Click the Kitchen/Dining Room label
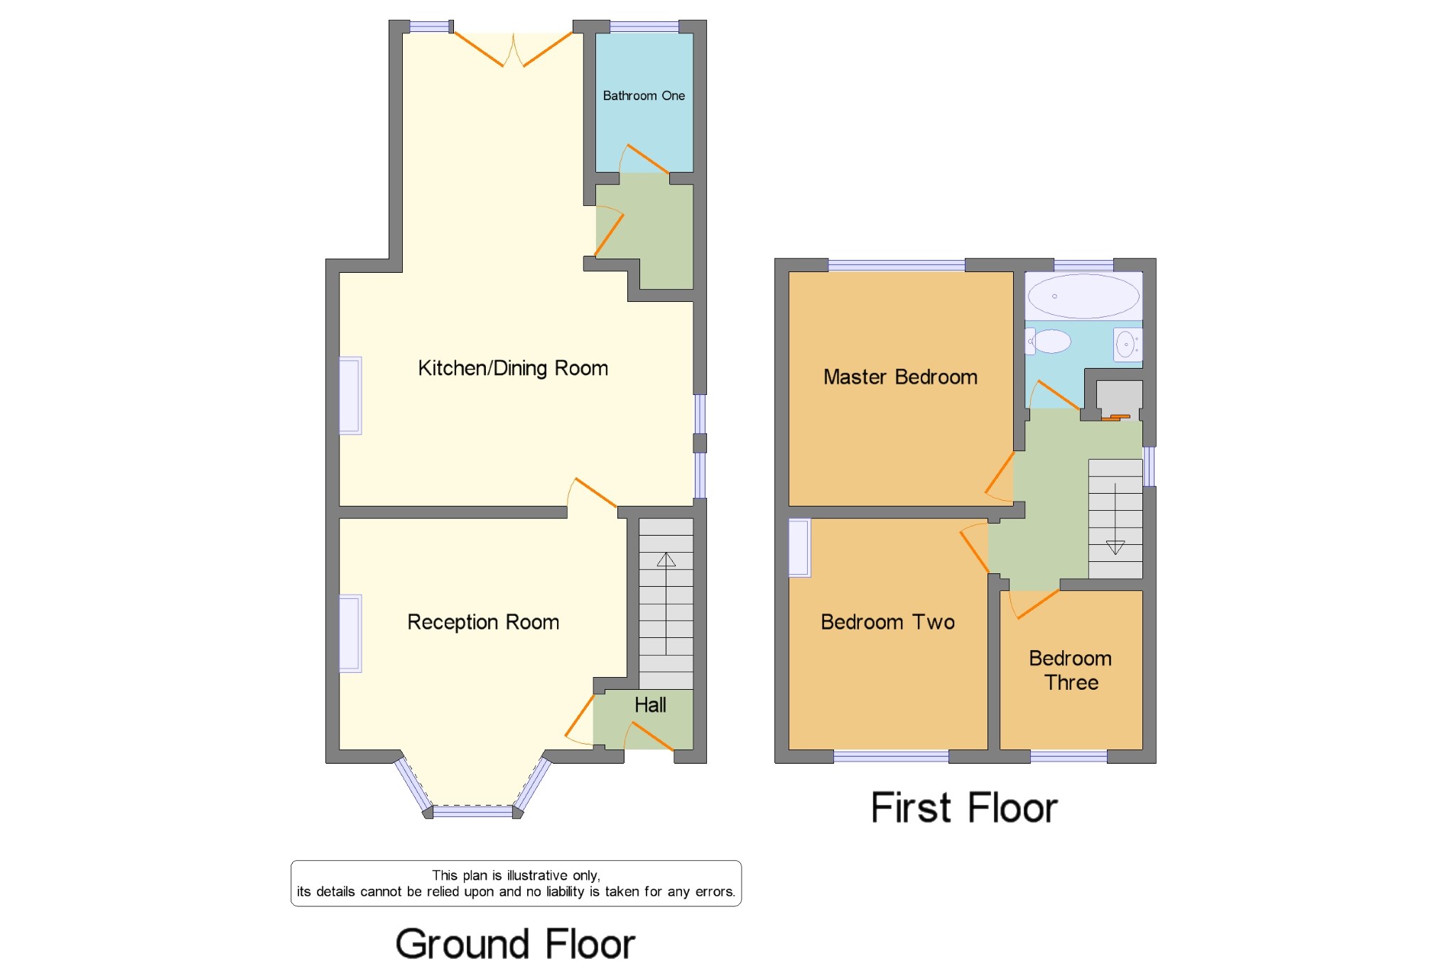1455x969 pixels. (513, 368)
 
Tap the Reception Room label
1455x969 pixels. (483, 622)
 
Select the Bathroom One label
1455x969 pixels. (644, 96)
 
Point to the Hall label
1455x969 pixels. (650, 705)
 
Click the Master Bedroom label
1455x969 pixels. (900, 377)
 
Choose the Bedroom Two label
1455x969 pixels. (887, 622)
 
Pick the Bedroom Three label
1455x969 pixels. (1071, 671)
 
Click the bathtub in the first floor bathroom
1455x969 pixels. (1083, 296)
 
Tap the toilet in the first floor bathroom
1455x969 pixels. (1049, 342)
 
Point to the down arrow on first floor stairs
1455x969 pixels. (1115, 519)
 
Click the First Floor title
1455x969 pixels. (964, 808)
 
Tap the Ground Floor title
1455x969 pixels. (515, 944)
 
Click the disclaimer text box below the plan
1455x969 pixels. (516, 884)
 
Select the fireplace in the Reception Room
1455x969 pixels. (350, 633)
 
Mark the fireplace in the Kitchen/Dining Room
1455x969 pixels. (350, 395)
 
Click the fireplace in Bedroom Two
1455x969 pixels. (800, 547)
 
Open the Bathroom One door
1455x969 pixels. (644, 159)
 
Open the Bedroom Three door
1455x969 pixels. (1034, 604)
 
